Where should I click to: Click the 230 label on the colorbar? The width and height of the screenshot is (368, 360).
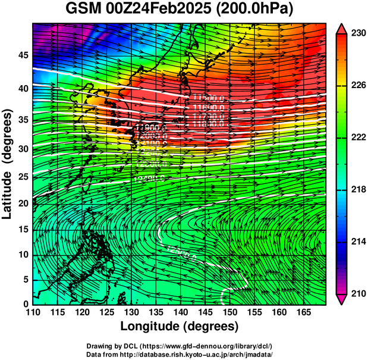[357, 34]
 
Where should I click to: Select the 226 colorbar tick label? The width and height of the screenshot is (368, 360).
[357, 86]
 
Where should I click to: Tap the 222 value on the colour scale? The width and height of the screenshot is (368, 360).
[357, 137]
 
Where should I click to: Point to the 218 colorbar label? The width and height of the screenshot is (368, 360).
[357, 189]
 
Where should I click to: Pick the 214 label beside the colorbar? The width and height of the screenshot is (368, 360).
[357, 242]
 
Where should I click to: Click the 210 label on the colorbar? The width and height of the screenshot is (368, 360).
[357, 293]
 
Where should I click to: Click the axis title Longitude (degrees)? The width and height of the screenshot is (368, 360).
[180, 327]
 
